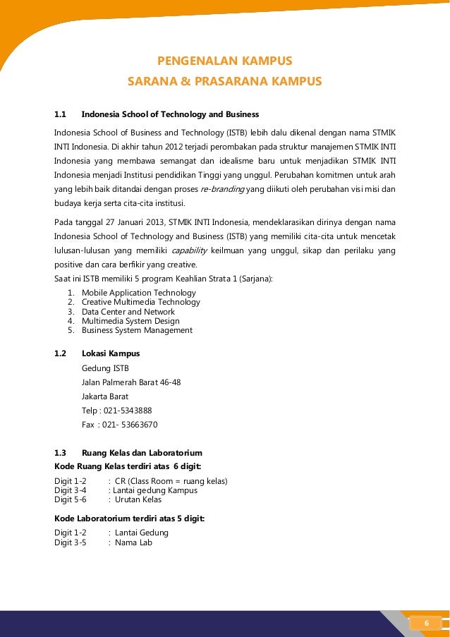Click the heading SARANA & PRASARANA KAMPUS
(x=224, y=82)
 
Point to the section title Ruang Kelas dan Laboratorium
(x=142, y=453)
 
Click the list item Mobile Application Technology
(x=139, y=293)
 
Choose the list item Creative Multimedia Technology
(x=141, y=302)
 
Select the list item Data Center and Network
(x=128, y=311)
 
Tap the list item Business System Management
(x=137, y=330)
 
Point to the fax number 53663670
(x=140, y=425)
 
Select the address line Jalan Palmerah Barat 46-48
(x=131, y=382)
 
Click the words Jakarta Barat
(x=105, y=396)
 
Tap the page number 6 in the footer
(x=426, y=623)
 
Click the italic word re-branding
(x=223, y=190)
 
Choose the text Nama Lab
(x=133, y=542)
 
